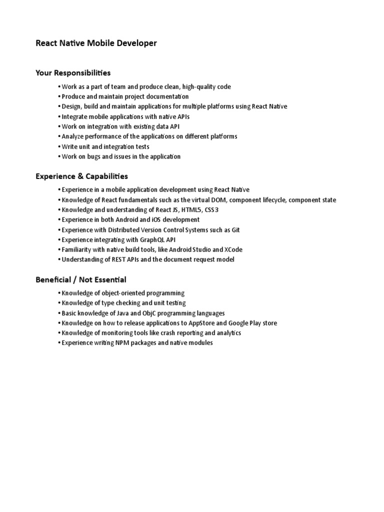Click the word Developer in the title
click(136, 43)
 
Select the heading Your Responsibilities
click(73, 73)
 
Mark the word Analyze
click(73, 136)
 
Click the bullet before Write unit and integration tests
click(59, 146)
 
